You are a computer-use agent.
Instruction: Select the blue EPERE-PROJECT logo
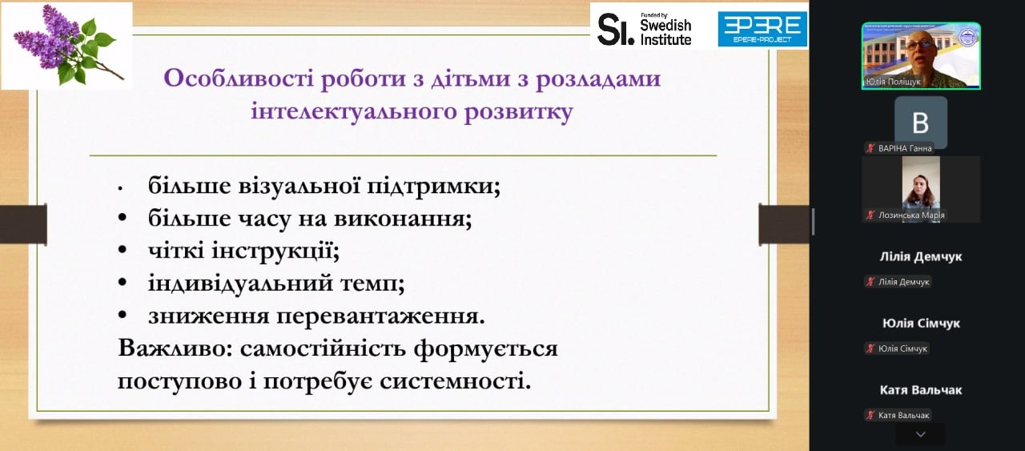click(762, 30)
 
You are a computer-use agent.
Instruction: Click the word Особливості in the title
click(239, 78)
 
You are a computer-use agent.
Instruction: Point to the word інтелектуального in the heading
click(354, 111)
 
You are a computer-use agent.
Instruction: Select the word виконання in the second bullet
click(403, 219)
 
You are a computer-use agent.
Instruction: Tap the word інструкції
click(275, 251)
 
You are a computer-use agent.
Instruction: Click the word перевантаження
click(380, 316)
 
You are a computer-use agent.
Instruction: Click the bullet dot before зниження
click(123, 316)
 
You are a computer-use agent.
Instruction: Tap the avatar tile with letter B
click(921, 123)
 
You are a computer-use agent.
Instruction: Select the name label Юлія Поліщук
click(893, 82)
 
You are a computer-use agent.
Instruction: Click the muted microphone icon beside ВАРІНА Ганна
click(870, 148)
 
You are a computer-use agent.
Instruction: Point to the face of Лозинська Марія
click(920, 187)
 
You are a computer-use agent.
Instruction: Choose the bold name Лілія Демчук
click(921, 256)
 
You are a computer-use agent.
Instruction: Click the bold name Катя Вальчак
click(921, 390)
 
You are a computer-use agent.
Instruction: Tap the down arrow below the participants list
click(921, 434)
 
